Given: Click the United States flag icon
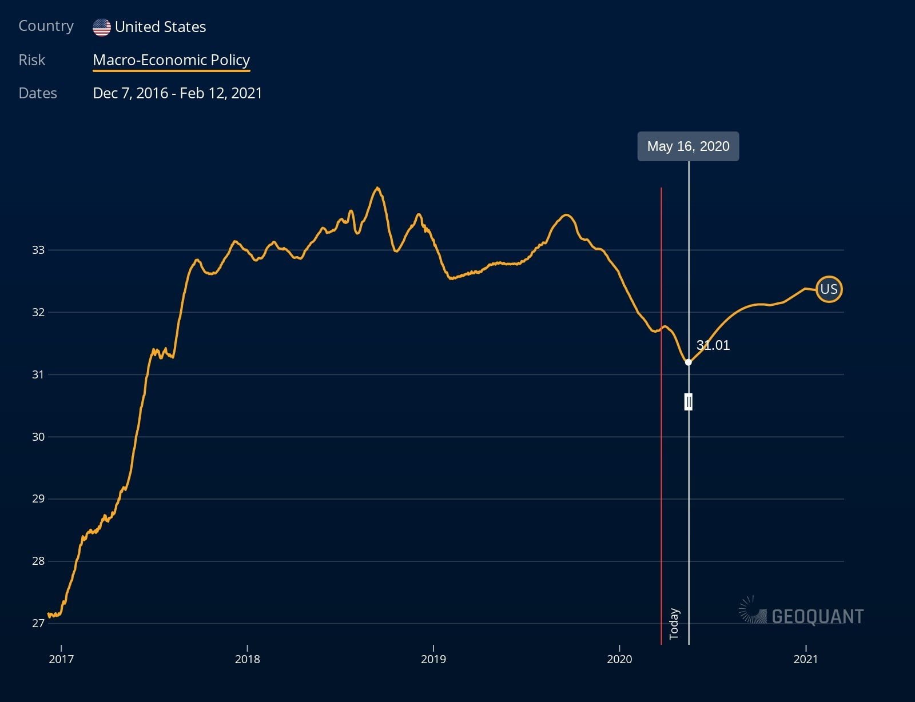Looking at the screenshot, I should (x=102, y=27).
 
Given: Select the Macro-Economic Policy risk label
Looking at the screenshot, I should (x=171, y=60).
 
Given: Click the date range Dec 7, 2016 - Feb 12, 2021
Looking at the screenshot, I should (x=177, y=93).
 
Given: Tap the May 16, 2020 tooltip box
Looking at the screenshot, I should (x=688, y=146).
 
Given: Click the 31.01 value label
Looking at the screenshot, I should (x=713, y=345).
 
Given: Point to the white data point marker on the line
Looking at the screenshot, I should (x=689, y=362).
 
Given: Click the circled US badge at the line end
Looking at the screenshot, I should (x=829, y=289).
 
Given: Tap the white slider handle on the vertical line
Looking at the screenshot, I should (x=689, y=402).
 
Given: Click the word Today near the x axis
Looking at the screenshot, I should (x=674, y=624).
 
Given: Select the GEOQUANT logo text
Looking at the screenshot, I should (x=817, y=616).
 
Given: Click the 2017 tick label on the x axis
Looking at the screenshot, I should (x=61, y=659).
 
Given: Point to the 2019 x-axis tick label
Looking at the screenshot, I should (x=433, y=659).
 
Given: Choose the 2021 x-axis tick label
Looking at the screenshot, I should (x=806, y=659).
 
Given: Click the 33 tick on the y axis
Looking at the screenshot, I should (x=38, y=250).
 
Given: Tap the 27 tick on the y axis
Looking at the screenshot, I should (x=38, y=623).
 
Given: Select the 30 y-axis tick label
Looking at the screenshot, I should (x=38, y=437).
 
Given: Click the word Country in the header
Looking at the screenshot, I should (x=46, y=26).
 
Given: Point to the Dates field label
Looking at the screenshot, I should (x=38, y=93).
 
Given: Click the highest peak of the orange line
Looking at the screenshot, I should (x=377, y=188).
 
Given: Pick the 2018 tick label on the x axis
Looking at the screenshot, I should (x=247, y=659).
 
